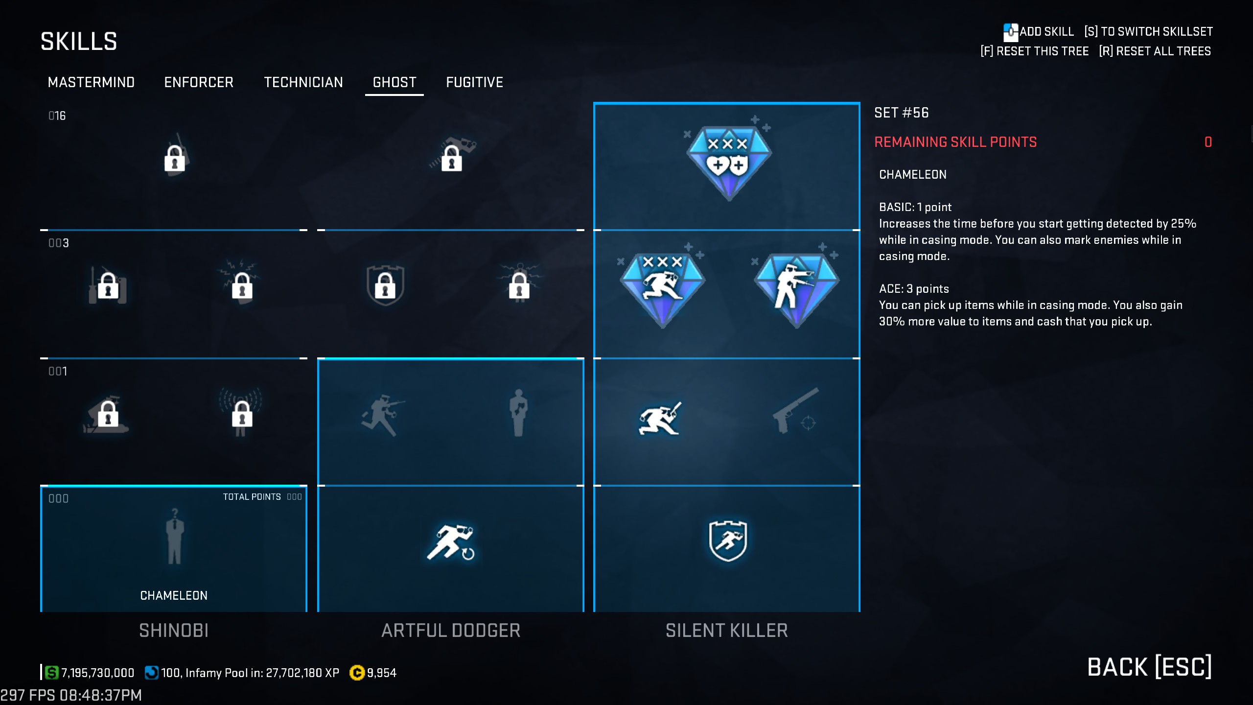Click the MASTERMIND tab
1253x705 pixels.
pos(91,82)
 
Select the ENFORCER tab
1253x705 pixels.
pos(199,82)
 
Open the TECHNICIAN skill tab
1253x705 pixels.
pos(303,82)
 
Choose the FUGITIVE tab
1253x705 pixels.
pos(474,82)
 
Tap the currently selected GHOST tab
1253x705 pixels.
pos(394,82)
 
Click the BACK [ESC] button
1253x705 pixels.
pos(1149,667)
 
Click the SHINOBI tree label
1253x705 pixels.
pos(174,631)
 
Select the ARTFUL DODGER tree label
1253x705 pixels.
pos(451,631)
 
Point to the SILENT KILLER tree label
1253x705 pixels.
pos(726,631)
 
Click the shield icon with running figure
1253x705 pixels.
pos(728,540)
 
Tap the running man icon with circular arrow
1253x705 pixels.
pos(451,542)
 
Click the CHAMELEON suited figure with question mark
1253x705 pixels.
pos(174,537)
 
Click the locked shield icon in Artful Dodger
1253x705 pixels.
pos(385,286)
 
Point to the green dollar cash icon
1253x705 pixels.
pos(52,673)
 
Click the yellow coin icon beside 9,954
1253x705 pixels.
pos(357,673)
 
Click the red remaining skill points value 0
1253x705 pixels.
pos(1208,142)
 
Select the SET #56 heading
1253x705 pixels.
pos(902,113)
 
